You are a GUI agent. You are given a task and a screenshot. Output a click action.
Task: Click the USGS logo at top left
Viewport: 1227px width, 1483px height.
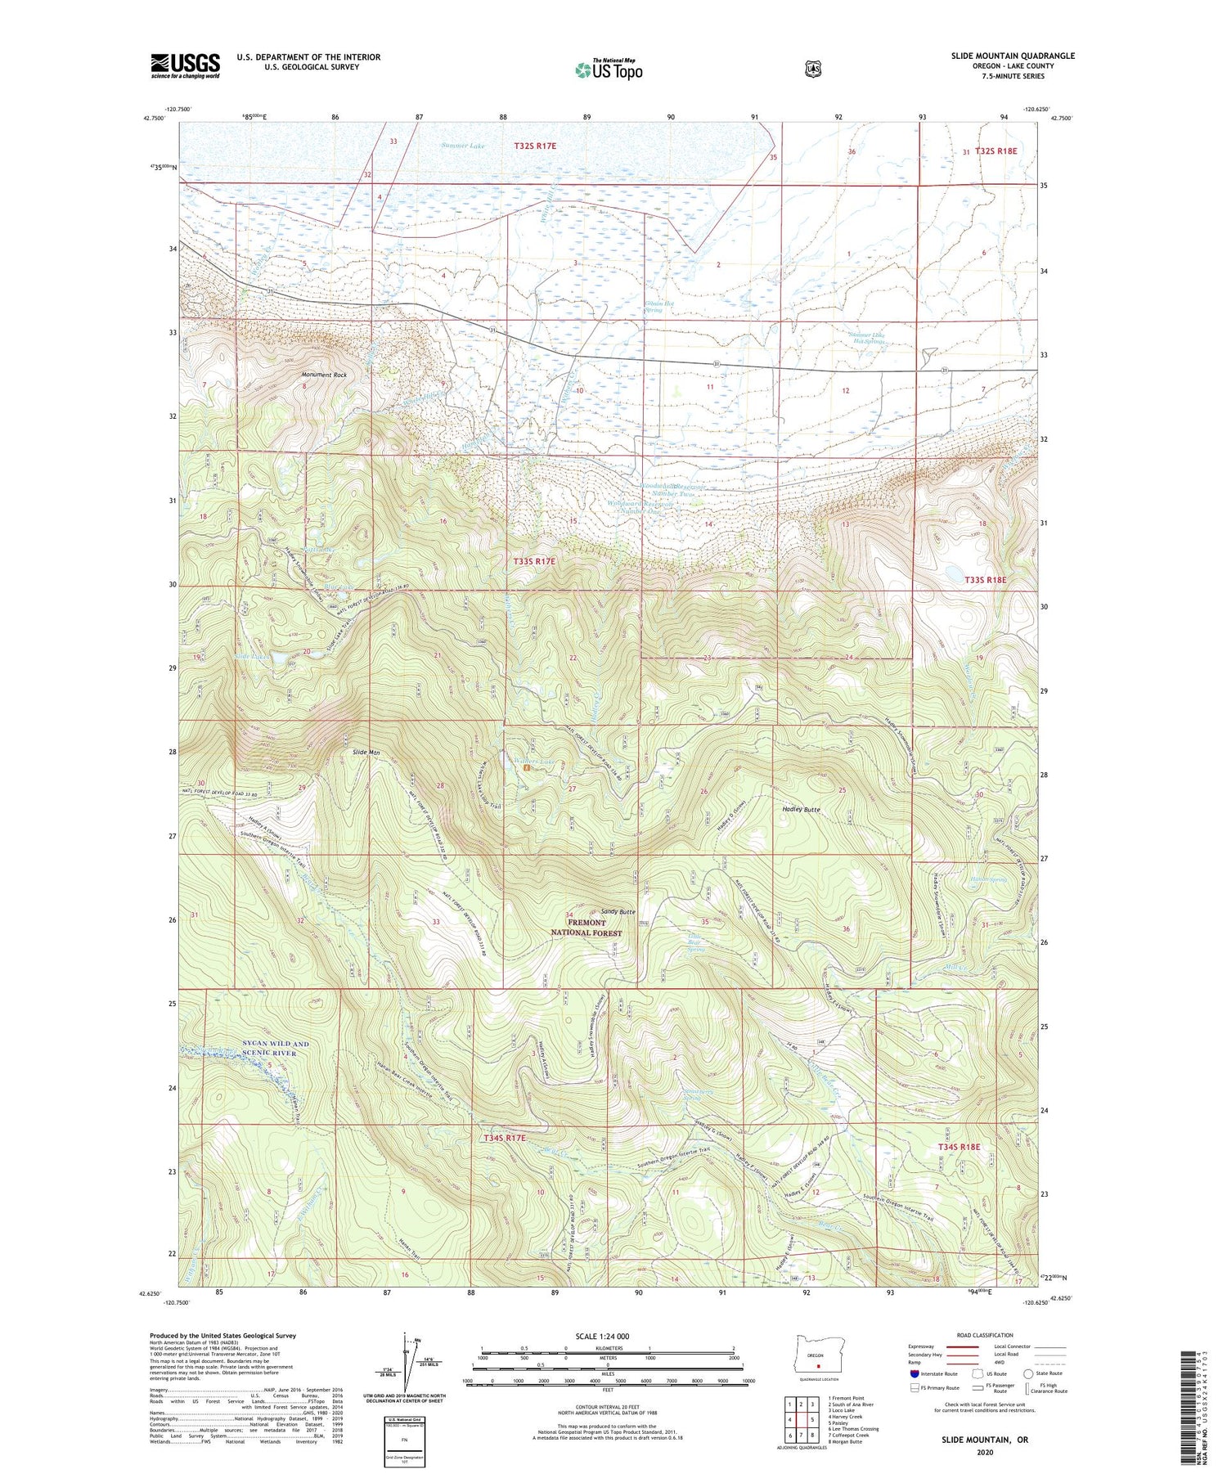[185, 65]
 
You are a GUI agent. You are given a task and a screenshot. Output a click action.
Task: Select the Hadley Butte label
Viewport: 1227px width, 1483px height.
[796, 809]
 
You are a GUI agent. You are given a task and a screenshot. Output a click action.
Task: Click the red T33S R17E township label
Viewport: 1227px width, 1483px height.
[534, 561]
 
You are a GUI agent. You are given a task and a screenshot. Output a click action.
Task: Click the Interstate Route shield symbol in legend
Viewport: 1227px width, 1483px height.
[915, 1373]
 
